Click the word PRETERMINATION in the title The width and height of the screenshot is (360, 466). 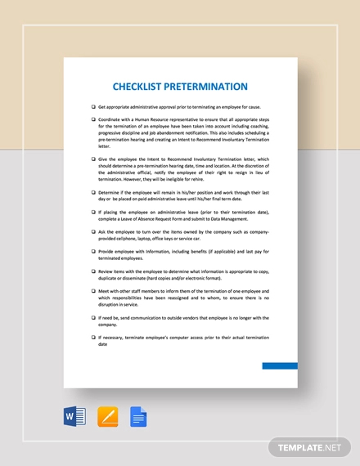(208, 86)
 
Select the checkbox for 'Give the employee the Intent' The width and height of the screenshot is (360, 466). (92, 159)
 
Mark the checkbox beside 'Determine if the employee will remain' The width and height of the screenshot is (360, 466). (92, 193)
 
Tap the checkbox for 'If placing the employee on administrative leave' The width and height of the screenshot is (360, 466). (92, 212)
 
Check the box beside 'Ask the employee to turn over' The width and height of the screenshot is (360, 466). (92, 231)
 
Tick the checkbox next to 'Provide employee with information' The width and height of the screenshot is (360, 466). (92, 251)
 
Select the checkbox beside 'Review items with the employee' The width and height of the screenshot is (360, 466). (92, 271)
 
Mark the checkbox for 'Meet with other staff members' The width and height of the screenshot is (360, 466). (92, 289)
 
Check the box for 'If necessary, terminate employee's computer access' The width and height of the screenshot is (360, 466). (92, 337)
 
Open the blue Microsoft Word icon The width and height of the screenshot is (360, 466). (74, 418)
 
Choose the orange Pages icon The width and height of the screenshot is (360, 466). (107, 418)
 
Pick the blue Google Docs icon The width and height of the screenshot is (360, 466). (137, 418)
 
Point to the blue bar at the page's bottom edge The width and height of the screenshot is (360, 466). (280, 365)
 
